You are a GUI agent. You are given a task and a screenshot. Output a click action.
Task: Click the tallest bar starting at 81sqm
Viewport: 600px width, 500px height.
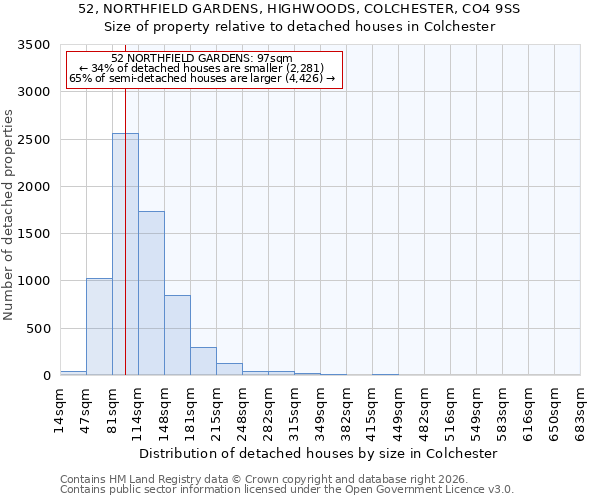click(125, 254)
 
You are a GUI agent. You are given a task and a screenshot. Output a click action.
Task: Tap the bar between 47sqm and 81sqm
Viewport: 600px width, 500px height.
click(99, 326)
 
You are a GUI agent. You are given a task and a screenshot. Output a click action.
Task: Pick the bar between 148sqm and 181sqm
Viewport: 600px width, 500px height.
click(177, 335)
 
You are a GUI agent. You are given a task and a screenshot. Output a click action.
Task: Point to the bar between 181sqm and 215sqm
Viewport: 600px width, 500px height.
click(203, 361)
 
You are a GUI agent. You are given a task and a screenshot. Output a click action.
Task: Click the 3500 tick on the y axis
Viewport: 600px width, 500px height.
click(34, 45)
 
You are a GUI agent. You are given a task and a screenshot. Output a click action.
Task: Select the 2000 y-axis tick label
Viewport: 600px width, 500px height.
click(34, 187)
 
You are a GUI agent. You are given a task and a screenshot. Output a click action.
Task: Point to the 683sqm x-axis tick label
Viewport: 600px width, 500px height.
click(581, 411)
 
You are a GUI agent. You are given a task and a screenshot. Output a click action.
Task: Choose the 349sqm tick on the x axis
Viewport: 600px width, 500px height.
click(321, 411)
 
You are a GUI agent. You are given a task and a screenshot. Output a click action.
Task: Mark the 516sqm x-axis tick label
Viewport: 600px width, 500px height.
click(451, 411)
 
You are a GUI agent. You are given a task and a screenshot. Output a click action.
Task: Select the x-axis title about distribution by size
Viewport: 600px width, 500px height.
click(318, 453)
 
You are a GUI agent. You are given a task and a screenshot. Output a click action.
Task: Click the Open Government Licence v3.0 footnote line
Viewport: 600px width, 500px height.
click(287, 490)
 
